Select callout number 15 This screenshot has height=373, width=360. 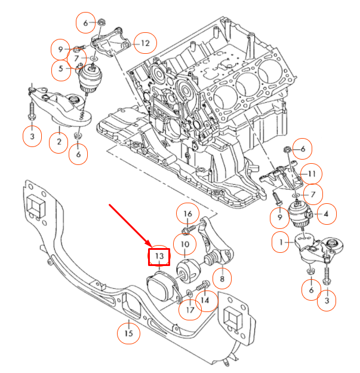coord(128,333)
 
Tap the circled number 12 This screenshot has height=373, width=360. coord(145,42)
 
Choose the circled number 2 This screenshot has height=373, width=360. coord(59,142)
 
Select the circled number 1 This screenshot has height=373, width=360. coord(278,243)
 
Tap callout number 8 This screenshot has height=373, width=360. coord(221,278)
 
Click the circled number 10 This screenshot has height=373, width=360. coord(185,244)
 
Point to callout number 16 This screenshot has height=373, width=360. coord(187,214)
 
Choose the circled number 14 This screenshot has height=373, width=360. coord(205,301)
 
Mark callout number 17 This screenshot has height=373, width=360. coord(189,310)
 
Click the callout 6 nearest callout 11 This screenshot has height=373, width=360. coord(302,148)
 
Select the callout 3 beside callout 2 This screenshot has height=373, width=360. coord(32,137)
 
